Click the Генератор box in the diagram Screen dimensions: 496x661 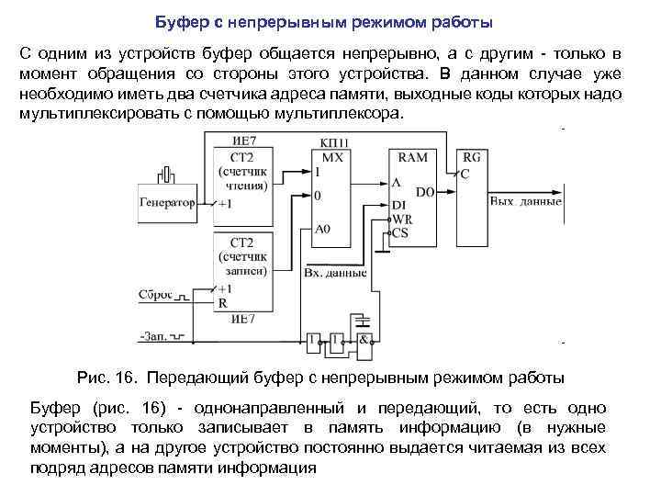[168, 202]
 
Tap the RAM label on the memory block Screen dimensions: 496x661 [412, 157]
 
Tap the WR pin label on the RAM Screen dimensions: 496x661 [402, 220]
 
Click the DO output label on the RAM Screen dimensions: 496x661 [424, 192]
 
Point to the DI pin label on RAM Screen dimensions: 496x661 [398, 207]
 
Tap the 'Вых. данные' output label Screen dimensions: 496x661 [526, 200]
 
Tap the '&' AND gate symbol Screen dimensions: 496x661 [364, 340]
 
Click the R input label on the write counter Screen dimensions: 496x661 [221, 302]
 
